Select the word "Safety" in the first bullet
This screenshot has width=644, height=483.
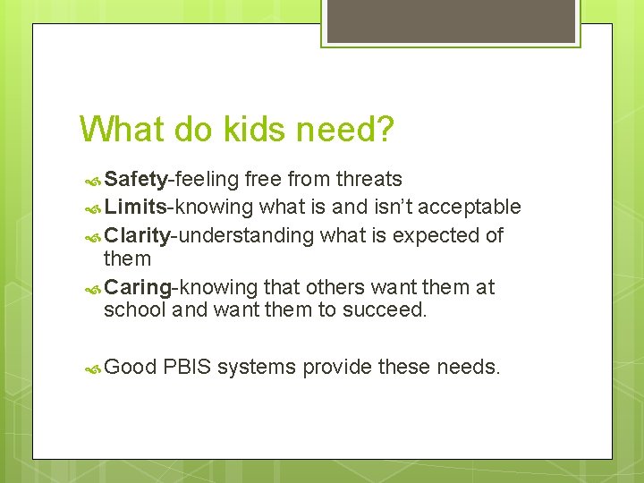tap(135, 180)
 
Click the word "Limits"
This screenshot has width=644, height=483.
tap(135, 208)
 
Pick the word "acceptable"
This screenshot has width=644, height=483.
tap(470, 208)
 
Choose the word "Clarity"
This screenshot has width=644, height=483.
tap(137, 235)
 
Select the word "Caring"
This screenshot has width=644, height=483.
tap(137, 287)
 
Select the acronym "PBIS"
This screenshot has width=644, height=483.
tap(188, 368)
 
